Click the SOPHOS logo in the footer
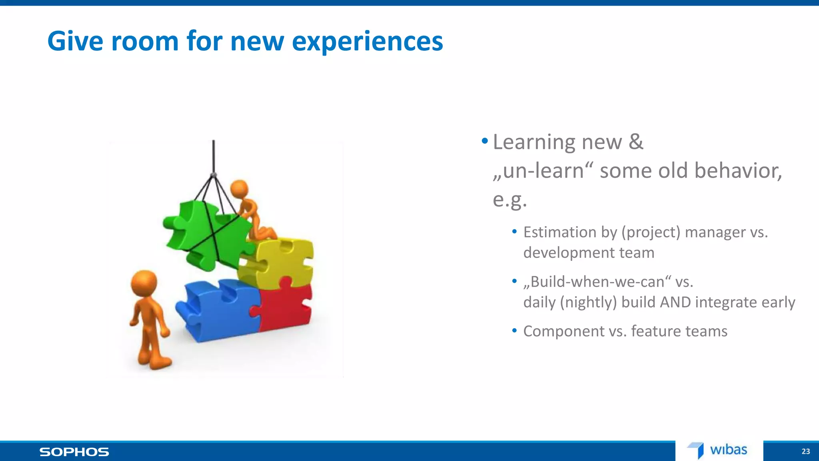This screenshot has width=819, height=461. [74, 452]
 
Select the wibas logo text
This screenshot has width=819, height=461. [728, 450]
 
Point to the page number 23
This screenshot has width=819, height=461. [805, 451]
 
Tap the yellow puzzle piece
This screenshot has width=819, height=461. [280, 262]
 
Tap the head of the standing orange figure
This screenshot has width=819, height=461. [144, 283]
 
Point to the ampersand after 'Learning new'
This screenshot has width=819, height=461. [636, 142]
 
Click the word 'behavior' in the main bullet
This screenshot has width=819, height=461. [738, 171]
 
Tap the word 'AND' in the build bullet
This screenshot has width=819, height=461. [675, 302]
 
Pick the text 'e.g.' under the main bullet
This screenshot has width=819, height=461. [509, 200]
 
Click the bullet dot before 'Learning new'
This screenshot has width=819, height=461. [485, 141]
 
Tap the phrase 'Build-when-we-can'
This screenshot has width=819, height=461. [597, 282]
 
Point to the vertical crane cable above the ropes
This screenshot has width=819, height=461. [214, 156]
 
